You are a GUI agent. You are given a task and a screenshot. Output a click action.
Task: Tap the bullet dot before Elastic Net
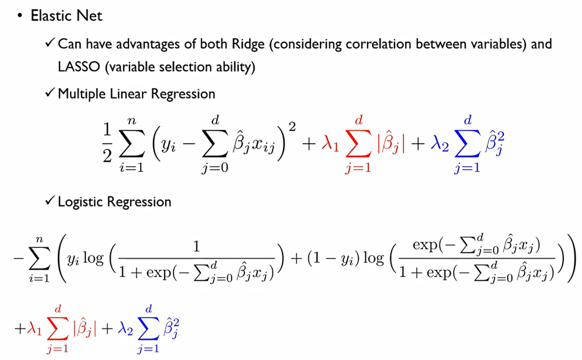pyautogui.click(x=19, y=16)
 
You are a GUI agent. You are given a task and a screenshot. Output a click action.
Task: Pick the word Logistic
pyautogui.click(x=81, y=202)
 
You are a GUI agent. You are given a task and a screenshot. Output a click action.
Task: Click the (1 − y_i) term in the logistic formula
pyautogui.click(x=328, y=258)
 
